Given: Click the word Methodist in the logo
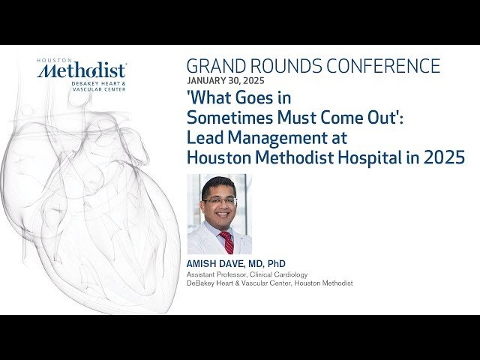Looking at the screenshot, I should (x=82, y=71).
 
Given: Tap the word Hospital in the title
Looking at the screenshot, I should (x=385, y=157).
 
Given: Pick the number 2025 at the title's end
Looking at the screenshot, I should (x=445, y=157).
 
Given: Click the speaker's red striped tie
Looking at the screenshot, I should (x=226, y=241).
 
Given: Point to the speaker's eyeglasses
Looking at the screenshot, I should (x=220, y=201).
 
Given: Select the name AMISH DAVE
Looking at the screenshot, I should (x=214, y=264).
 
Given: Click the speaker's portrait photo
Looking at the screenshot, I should (x=220, y=214).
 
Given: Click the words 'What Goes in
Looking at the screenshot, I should (x=238, y=97).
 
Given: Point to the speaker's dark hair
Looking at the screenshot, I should (x=220, y=184).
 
